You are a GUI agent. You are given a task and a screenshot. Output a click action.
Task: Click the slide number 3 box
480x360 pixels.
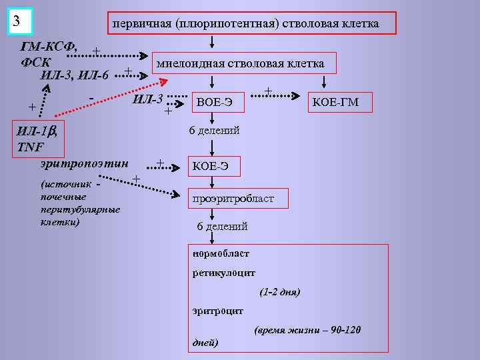[x=21, y=21]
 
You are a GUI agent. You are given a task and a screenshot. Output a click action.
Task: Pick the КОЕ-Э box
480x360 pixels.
[x=211, y=166]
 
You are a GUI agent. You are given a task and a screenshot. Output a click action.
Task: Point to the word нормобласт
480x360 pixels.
[x=221, y=253]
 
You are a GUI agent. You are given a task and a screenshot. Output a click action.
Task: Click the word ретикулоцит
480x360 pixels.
[x=224, y=273]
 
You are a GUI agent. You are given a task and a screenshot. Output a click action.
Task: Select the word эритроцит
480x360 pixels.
[x=218, y=311]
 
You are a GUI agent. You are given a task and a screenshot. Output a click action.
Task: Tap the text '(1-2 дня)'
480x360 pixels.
[x=280, y=292]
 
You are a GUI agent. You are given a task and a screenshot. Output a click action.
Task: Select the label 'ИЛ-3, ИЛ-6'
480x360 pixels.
[x=75, y=73]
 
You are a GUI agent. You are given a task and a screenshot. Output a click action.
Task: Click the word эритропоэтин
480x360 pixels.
[x=84, y=163]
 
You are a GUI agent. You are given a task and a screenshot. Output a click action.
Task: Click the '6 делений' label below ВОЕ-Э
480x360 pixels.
[x=214, y=131]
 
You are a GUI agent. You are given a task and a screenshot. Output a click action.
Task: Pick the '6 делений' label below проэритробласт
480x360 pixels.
[x=222, y=227]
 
